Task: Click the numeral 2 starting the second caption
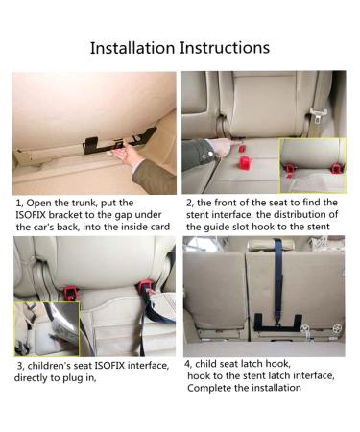click(188, 204)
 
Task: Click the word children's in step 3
click(52, 367)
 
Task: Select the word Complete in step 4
click(211, 389)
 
